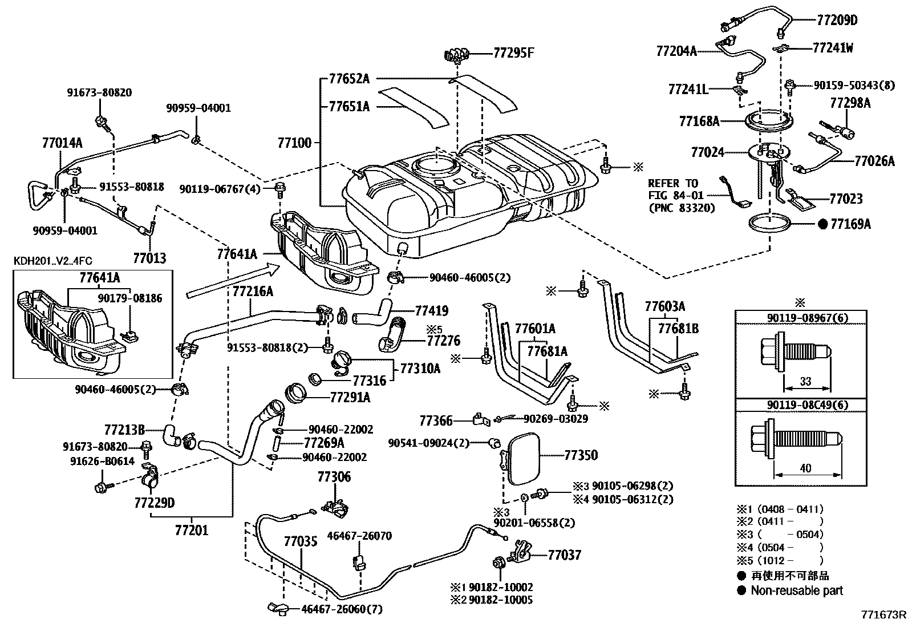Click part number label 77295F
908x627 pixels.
[x=513, y=54]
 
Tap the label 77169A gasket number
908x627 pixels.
[x=850, y=224]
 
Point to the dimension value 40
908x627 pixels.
[x=805, y=468]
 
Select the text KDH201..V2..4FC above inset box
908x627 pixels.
[x=52, y=261]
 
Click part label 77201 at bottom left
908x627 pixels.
[x=191, y=530]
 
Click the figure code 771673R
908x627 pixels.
[x=883, y=614]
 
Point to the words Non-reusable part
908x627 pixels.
[x=797, y=590]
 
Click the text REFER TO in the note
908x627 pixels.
[x=673, y=184]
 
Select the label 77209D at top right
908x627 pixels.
[x=836, y=21]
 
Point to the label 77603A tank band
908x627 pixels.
[x=665, y=307]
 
